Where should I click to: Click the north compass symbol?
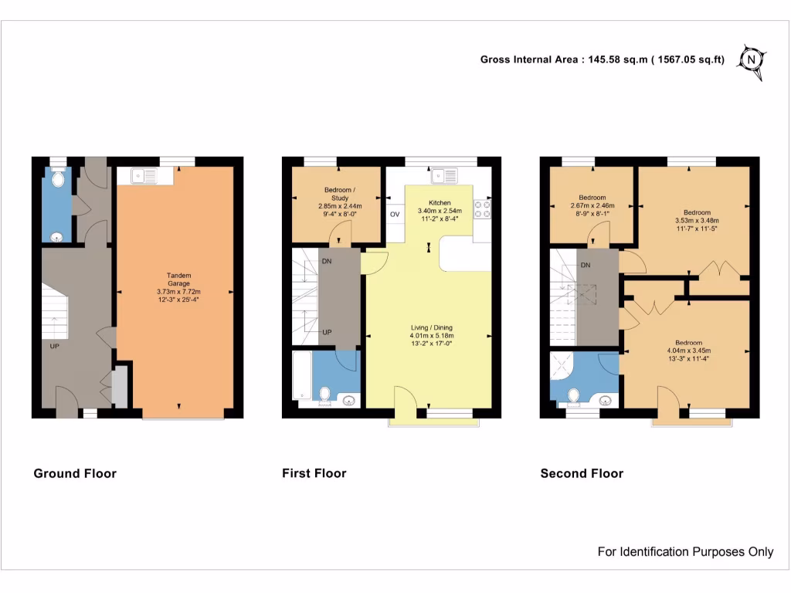point(752,59)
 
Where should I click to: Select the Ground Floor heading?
point(75,473)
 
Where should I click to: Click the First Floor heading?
point(314,473)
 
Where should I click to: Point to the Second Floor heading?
point(582,473)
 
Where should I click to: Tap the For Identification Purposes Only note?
point(685,551)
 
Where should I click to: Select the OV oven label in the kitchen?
point(395,214)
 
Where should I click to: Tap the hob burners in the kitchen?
point(483,208)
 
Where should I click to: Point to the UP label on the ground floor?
point(55,346)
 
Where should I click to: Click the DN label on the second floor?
point(586,265)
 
